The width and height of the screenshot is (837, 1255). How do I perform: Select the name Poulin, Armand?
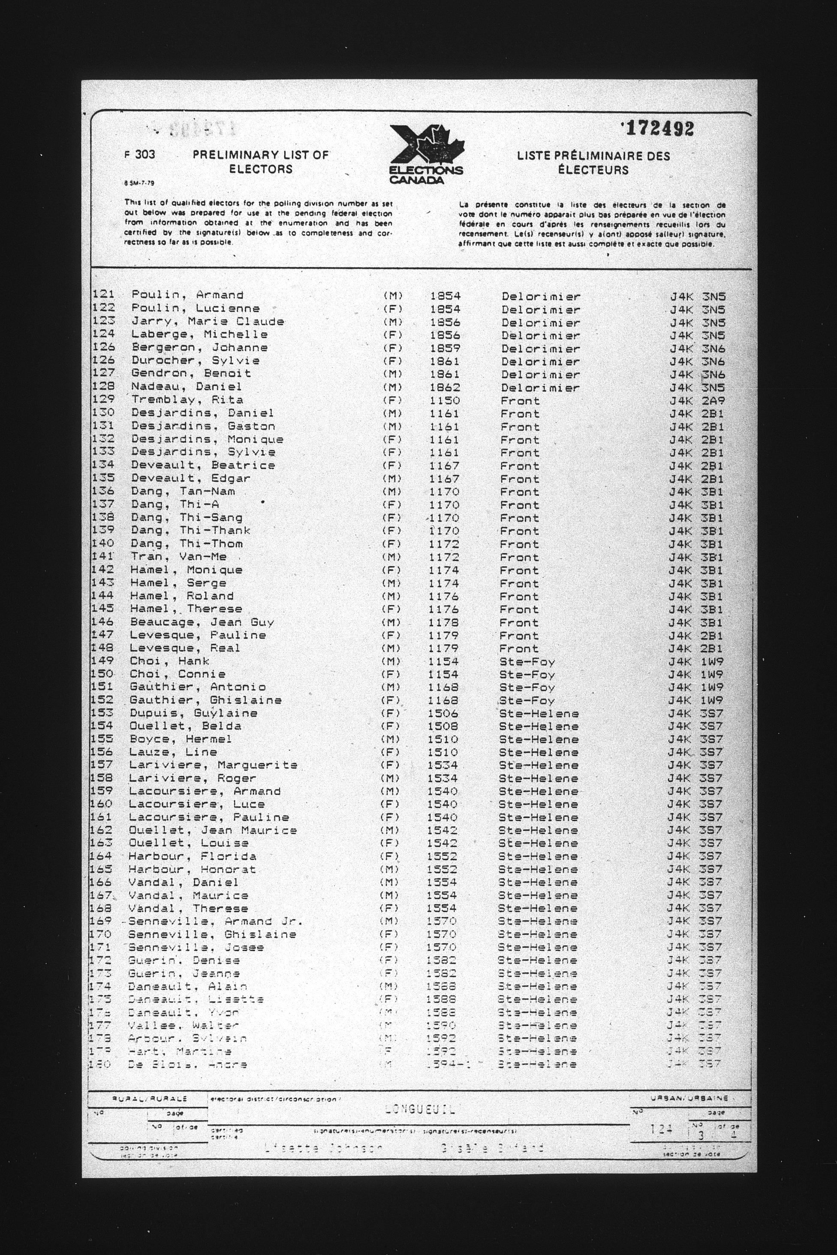click(187, 295)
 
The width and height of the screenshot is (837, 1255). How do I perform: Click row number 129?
click(103, 399)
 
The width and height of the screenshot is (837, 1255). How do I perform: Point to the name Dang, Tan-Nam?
click(183, 492)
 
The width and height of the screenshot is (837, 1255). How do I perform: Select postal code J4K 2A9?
click(698, 401)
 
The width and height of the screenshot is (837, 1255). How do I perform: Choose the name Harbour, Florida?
click(192, 856)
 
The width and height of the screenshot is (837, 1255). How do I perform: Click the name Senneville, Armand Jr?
click(215, 922)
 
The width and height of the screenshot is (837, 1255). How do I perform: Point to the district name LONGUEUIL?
click(421, 1109)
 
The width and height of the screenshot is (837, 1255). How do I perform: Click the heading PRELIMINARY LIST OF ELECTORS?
click(261, 162)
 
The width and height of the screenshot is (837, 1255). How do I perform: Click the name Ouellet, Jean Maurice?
click(212, 830)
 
